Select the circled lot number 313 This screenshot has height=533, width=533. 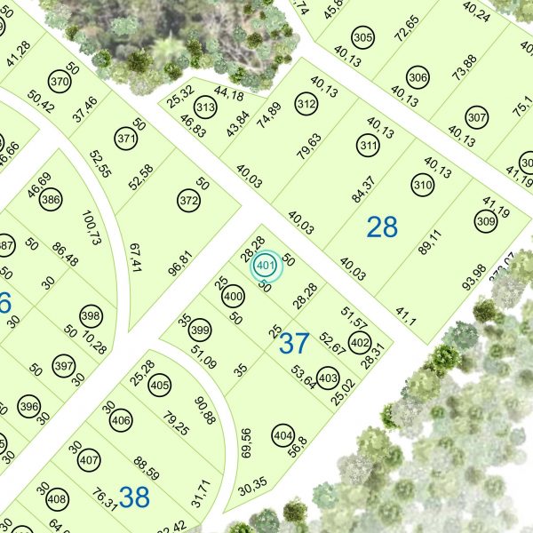[206, 108]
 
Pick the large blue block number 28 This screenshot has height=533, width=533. [382, 227]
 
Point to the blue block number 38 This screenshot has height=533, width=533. [133, 497]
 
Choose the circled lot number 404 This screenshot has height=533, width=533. [283, 436]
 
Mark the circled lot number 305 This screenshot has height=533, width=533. [362, 38]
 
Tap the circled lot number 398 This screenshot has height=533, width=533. [90, 315]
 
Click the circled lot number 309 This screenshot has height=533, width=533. [485, 221]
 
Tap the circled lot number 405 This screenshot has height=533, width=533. [160, 386]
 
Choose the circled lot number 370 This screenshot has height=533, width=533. [60, 83]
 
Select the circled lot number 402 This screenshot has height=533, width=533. [360, 343]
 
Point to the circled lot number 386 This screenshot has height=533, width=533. [51, 200]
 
